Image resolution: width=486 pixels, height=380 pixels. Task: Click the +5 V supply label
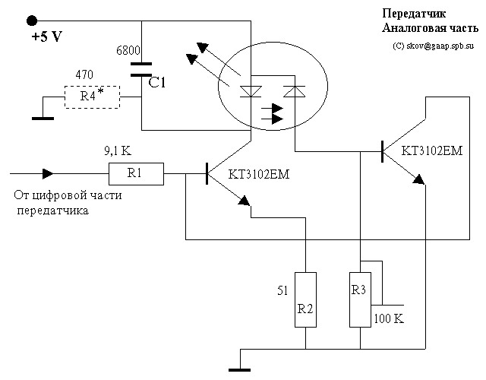46,36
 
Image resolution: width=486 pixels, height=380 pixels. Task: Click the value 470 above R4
87,75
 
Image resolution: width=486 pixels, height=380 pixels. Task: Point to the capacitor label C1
157,83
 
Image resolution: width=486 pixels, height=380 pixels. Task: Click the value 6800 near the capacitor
128,51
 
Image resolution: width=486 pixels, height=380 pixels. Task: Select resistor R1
135,174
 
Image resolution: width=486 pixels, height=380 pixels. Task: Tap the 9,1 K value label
118,150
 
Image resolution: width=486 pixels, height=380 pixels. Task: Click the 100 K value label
388,318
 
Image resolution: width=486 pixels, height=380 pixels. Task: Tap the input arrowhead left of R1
48,174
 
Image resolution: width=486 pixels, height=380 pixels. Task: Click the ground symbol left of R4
43,117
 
